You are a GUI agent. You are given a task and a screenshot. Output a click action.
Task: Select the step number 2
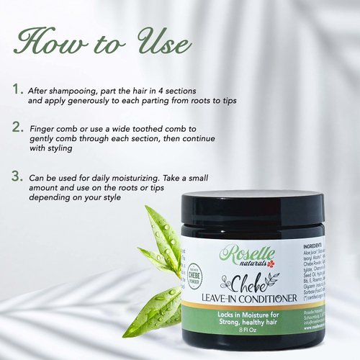pos(17,127)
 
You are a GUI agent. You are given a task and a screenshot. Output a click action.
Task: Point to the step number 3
pos(17,175)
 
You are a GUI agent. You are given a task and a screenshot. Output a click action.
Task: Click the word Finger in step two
pos(43,128)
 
